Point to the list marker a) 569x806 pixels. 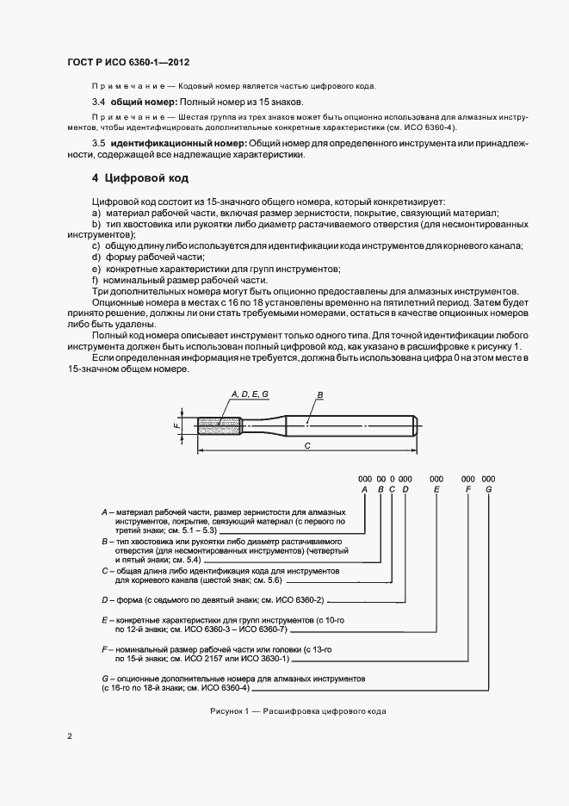click(x=96, y=213)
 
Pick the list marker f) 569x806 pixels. click(x=96, y=281)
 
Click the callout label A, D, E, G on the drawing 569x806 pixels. click(x=250, y=393)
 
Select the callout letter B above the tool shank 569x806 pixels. click(x=319, y=394)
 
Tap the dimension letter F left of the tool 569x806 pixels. click(x=176, y=425)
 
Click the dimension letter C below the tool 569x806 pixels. click(x=307, y=446)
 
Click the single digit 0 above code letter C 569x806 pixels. click(x=392, y=478)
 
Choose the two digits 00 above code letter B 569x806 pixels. click(x=380, y=478)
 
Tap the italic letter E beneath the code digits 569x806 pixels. click(x=436, y=489)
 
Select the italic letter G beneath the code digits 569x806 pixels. click(x=488, y=489)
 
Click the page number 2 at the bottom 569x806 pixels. click(x=70, y=736)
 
